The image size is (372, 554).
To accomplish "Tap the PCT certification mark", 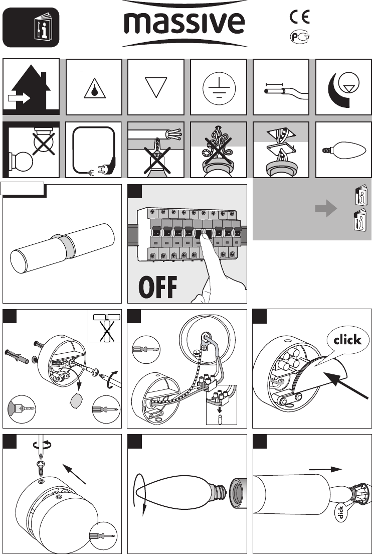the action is click(299, 37).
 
